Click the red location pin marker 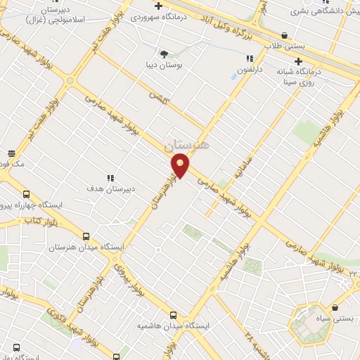pyautogui.click(x=181, y=166)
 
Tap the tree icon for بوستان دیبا pyautogui.click(x=164, y=53)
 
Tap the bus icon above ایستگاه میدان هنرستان pyautogui.click(x=86, y=237)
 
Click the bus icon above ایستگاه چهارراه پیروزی pyautogui.click(x=26, y=194)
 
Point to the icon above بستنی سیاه pyautogui.click(x=335, y=307)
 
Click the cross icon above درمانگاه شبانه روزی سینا pyautogui.click(x=299, y=61)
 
